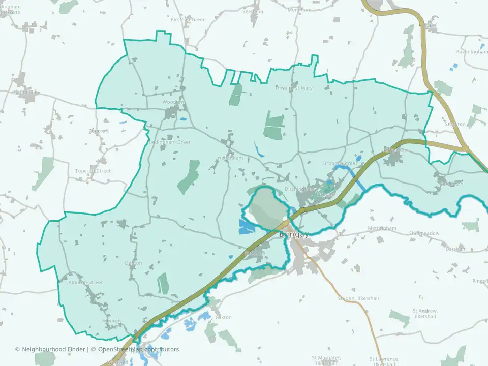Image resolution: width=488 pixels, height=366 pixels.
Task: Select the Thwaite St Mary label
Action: pyautogui.click(x=294, y=88)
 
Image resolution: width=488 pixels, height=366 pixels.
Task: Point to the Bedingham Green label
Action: pyautogui.click(x=170, y=142)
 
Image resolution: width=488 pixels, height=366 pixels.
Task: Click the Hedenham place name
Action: pyautogui.click(x=230, y=158)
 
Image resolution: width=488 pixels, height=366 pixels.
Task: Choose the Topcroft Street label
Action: pyautogui.click(x=93, y=171)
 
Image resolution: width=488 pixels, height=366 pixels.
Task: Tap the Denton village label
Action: pyautogui.click(x=133, y=263)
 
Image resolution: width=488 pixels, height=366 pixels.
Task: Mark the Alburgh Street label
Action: pyautogui.click(x=85, y=282)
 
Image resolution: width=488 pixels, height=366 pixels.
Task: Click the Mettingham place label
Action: pyautogui.click(x=382, y=228)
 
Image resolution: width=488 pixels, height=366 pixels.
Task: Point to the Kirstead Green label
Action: pyautogui.click(x=189, y=19)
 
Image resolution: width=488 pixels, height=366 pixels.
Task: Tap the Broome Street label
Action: pyautogui.click(x=340, y=163)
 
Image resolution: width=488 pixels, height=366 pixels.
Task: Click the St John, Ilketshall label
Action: pyautogui.click(x=358, y=298)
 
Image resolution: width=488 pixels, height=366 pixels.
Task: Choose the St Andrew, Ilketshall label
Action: pyautogui.click(x=424, y=313)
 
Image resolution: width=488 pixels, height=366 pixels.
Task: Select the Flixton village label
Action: pyautogui.click(x=223, y=317)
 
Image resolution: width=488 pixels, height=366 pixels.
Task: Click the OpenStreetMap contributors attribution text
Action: pyautogui.click(x=138, y=349)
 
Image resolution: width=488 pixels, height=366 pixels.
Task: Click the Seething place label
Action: pyautogui.click(x=253, y=11)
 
